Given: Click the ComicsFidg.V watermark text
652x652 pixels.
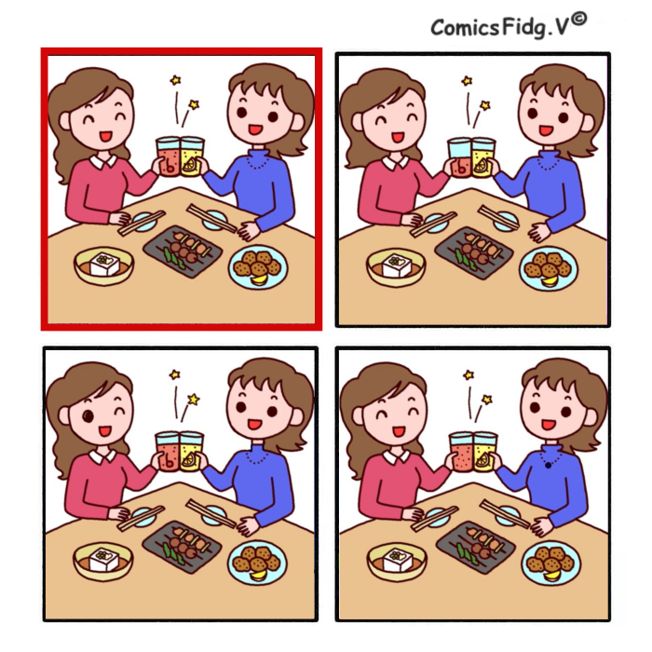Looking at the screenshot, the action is pos(500,28).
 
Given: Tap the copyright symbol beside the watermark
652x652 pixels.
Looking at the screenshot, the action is pos(578,20).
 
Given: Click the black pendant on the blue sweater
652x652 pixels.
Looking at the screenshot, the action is pos(549,466).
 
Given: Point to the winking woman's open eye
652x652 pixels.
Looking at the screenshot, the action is pos(88,415).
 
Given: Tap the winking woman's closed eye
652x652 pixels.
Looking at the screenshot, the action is pos(120,412).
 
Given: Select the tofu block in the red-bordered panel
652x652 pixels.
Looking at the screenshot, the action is pos(104,264).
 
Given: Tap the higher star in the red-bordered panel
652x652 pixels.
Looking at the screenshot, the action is pos(176,79).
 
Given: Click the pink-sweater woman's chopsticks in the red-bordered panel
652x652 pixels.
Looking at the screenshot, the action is pos(141,223).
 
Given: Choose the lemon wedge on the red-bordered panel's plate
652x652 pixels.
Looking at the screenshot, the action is pos(259,279).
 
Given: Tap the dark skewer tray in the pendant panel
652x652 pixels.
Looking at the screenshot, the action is pos(476,545).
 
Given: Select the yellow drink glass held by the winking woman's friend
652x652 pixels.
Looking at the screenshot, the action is pos(191,451).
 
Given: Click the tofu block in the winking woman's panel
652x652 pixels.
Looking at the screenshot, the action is pos(104,559).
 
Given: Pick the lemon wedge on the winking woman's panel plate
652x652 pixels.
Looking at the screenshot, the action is pos(258,575).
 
